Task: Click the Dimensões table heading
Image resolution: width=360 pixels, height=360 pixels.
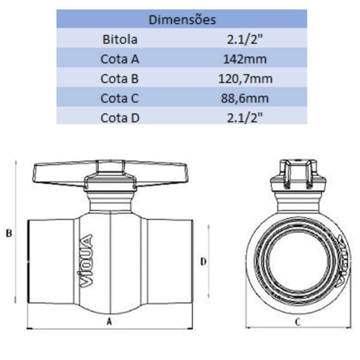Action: point(182,20)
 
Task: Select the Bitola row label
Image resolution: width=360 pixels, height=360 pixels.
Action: point(120,39)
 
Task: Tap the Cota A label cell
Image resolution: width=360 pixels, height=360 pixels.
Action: point(120,59)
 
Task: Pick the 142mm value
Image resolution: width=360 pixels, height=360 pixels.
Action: point(245,59)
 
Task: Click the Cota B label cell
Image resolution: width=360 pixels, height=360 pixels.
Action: point(120,79)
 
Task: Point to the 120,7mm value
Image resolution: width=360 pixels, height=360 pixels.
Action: point(245,79)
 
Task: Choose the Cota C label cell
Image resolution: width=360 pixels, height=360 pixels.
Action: point(120,98)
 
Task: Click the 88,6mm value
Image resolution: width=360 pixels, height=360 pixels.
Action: point(245,99)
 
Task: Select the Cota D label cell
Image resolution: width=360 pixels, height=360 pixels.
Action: point(120,118)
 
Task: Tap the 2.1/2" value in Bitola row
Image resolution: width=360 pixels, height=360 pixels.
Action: point(245,39)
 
